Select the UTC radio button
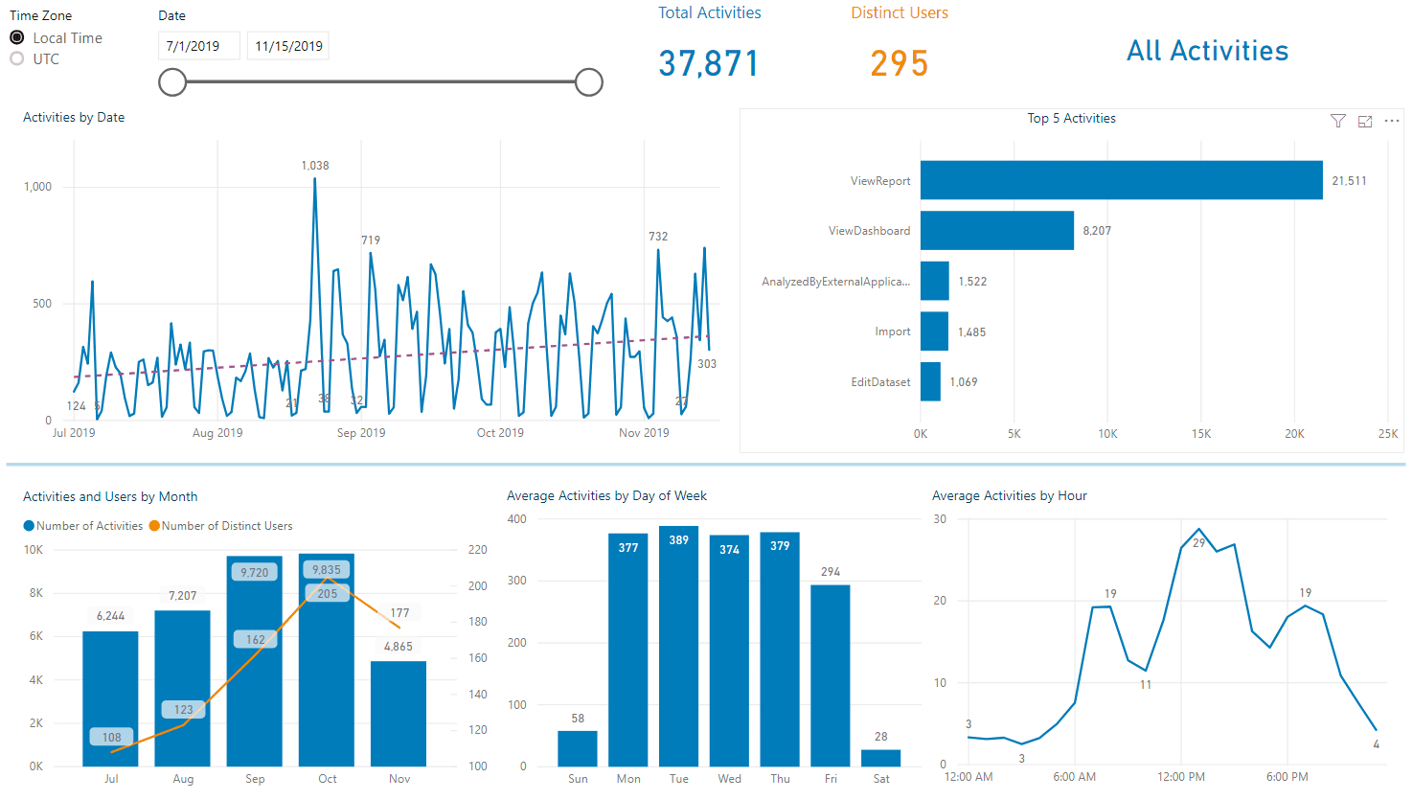coord(17,59)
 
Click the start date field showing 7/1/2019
coord(198,46)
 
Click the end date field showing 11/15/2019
coord(288,46)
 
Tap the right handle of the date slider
coord(589,82)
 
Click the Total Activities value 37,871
coord(708,64)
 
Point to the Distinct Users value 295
coord(899,64)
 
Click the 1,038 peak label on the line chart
coord(315,166)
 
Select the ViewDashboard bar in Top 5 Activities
coord(996,231)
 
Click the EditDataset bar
coord(930,381)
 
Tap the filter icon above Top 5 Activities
coord(1338,121)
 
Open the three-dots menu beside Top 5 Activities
coord(1392,121)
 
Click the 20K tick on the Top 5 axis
coord(1294,434)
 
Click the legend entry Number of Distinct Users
coord(226,526)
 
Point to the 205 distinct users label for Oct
coord(328,594)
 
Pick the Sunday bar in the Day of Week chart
coord(578,748)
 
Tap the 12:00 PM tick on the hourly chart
coord(1181,777)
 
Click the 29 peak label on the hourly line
coord(1199,543)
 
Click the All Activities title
coord(1207,51)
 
